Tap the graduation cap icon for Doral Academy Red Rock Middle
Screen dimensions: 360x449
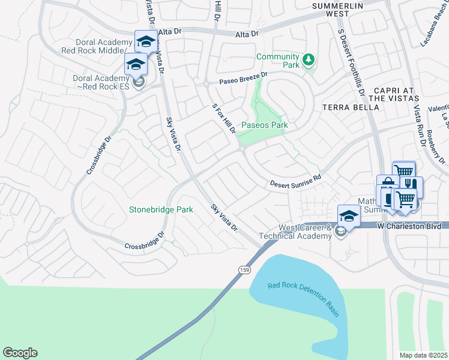coord(145,41)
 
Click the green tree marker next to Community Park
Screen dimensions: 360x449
coord(309,59)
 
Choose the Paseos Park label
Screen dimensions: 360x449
coord(264,125)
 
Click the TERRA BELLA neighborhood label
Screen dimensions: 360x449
coord(351,107)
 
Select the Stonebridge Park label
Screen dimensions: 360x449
coord(161,210)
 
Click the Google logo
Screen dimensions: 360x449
coord(20,353)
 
